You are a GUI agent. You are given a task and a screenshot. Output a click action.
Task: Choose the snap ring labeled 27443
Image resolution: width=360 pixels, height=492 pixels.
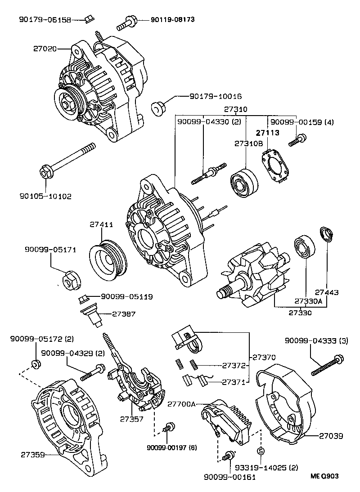coord(327,235)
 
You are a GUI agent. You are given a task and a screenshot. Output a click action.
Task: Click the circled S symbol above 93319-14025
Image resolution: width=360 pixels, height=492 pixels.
coord(261,451)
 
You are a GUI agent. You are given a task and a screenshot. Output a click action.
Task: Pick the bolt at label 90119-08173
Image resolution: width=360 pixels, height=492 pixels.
coord(127,21)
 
